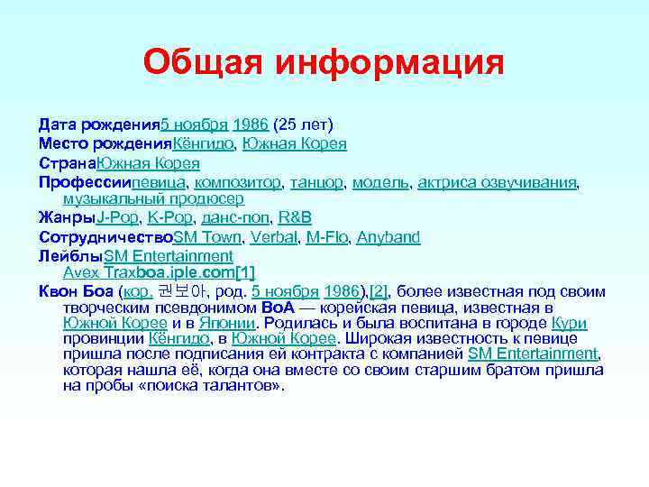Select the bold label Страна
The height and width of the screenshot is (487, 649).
tap(67, 163)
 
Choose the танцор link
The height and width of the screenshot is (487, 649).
tap(316, 182)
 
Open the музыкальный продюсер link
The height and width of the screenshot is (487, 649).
tap(153, 198)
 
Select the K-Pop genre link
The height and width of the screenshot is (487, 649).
tap(168, 217)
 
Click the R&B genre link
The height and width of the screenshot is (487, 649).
tap(296, 217)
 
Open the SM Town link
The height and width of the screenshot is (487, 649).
tap(206, 237)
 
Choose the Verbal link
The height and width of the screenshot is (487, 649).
tap(273, 237)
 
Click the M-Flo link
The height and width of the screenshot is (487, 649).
tap(326, 237)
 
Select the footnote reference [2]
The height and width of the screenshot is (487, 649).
tap(378, 291)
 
